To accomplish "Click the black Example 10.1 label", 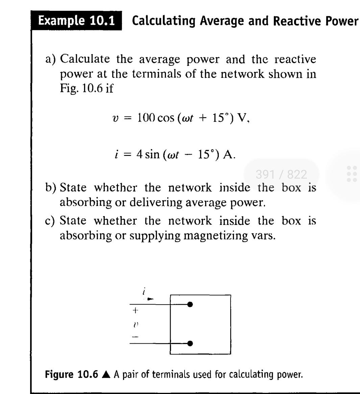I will (x=76, y=21).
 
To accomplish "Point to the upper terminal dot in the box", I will (x=190, y=305).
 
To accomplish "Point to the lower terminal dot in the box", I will (x=190, y=343).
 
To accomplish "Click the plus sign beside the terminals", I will (x=135, y=310).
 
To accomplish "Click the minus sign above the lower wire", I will (x=135, y=337).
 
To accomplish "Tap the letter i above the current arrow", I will (x=144, y=290).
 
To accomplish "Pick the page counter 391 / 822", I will (x=281, y=175).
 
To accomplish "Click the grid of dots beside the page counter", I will (x=352, y=174).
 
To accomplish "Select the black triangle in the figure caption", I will (x=106, y=374).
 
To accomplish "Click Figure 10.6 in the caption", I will (x=71, y=374).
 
